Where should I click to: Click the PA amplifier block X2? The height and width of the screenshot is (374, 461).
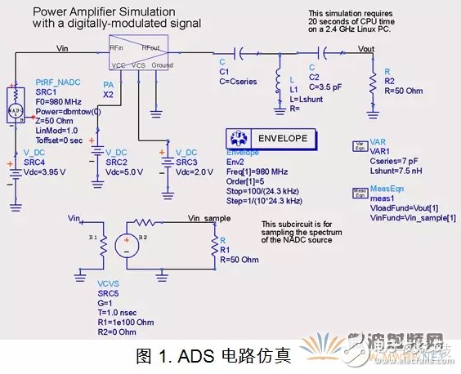point(138,55)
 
